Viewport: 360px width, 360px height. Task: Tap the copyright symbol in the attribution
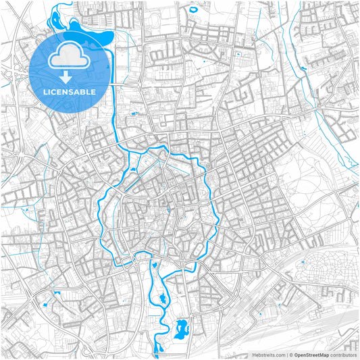[290, 354]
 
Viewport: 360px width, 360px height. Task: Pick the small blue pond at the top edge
[193, 9]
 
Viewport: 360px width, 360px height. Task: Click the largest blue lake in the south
[181, 329]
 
